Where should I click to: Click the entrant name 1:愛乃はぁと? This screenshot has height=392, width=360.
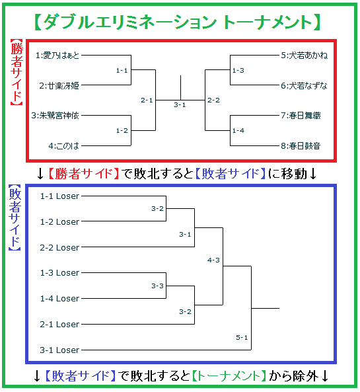[57, 56]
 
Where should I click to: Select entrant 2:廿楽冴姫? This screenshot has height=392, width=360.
[59, 85]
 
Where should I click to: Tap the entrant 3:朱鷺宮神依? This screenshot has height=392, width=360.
[55, 116]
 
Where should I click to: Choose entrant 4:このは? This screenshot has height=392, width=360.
[63, 145]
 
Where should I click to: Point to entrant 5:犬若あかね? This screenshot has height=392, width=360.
[304, 56]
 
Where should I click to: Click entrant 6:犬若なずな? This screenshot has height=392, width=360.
[304, 85]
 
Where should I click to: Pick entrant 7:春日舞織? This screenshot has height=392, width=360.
[301, 116]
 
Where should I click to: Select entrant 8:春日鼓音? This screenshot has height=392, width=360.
[301, 145]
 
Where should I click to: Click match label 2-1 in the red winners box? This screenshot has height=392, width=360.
[147, 100]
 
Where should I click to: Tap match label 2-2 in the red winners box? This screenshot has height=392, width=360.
[213, 100]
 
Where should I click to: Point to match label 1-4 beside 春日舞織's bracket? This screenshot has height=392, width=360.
[238, 130]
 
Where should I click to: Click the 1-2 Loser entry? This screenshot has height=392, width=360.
[59, 221]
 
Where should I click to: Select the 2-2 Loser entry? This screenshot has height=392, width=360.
[59, 247]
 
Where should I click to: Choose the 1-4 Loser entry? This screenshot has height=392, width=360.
[59, 299]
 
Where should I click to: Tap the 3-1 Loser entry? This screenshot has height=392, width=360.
[59, 350]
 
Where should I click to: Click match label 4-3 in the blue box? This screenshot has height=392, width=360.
[213, 260]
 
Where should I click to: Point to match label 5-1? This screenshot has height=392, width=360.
[242, 338]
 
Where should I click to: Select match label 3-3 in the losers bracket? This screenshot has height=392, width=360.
[157, 286]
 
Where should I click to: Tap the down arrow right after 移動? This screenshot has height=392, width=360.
[313, 174]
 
